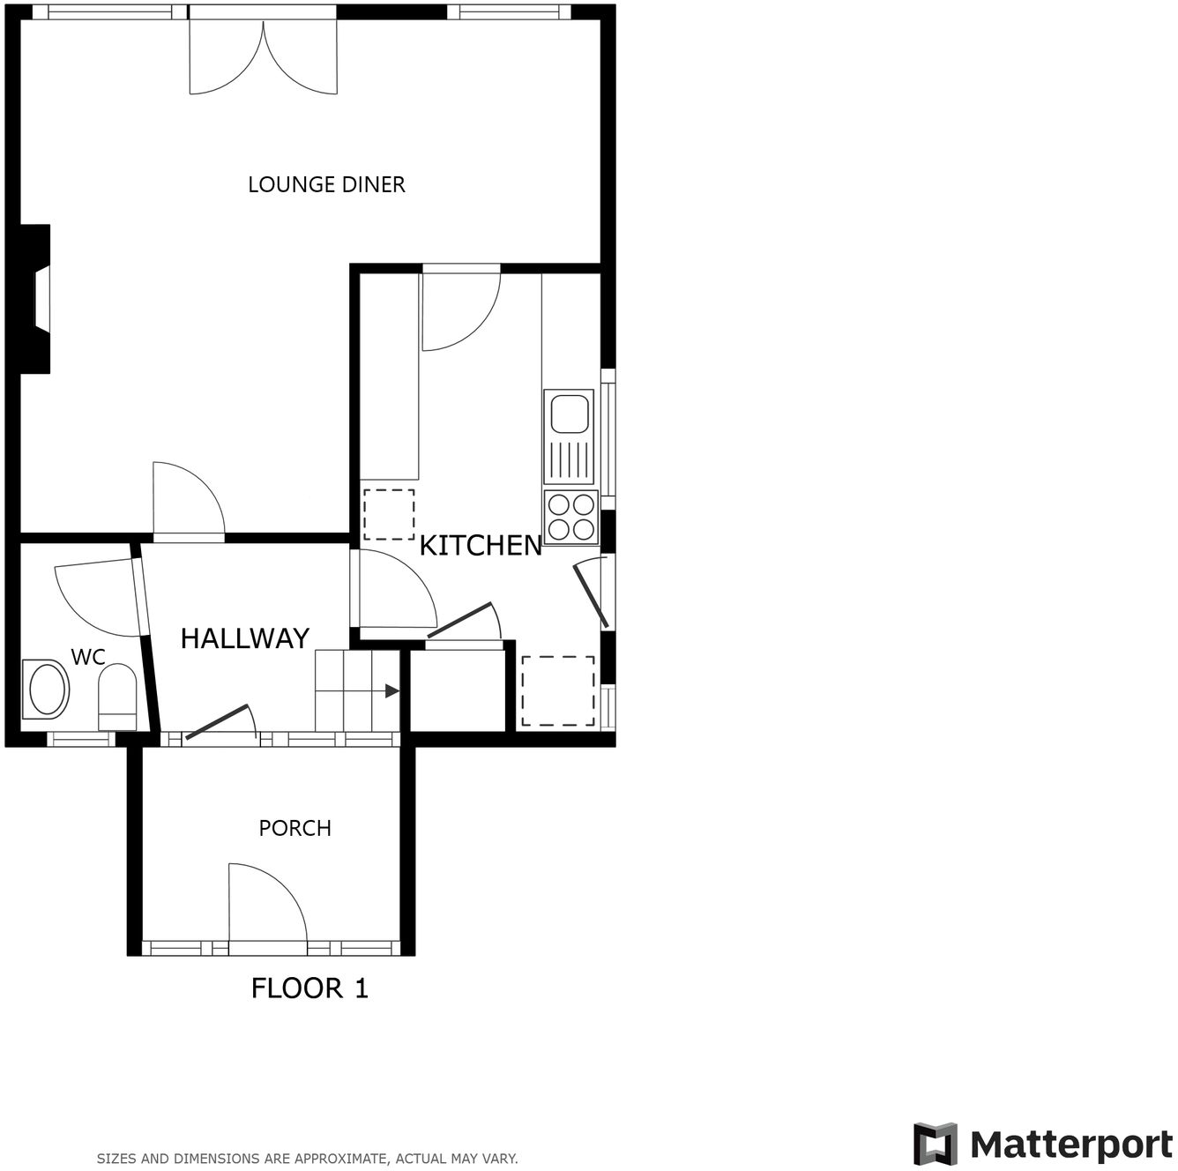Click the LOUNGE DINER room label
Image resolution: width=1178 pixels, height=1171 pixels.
click(x=326, y=184)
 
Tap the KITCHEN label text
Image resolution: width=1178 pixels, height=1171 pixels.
click(x=481, y=546)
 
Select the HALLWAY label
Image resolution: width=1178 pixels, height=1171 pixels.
click(x=244, y=638)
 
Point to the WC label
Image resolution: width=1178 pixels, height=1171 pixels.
click(x=88, y=657)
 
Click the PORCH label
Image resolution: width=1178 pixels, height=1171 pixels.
click(x=294, y=828)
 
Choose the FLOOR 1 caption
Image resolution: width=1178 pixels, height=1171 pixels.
click(x=309, y=988)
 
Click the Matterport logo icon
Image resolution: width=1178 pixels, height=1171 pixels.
click(x=936, y=1145)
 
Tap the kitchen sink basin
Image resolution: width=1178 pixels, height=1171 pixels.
click(x=570, y=413)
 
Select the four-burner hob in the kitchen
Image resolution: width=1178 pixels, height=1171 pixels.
click(x=571, y=517)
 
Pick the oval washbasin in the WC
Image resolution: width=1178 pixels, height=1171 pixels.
click(x=48, y=690)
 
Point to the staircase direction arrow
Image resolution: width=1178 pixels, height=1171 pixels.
click(x=391, y=691)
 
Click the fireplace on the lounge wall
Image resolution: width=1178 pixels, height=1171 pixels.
click(x=37, y=300)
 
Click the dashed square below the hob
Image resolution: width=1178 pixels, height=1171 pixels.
click(x=558, y=690)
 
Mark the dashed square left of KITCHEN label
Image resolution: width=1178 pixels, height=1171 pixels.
click(x=389, y=514)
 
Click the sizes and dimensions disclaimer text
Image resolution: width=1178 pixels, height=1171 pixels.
click(x=307, y=1159)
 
